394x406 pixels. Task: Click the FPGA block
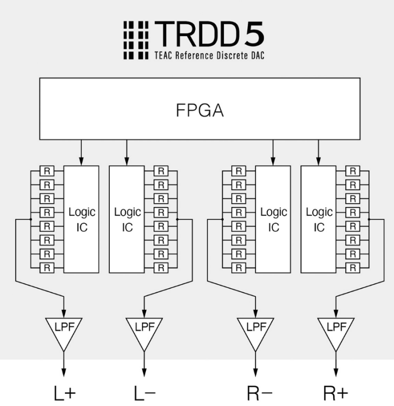coord(200,108)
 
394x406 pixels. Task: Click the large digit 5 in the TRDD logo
coord(251,35)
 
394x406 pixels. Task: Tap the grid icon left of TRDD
coord(136,40)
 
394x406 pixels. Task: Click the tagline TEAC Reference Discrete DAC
coord(209,55)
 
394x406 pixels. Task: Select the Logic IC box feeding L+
coord(81,219)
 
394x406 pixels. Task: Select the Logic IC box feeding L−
coord(127,219)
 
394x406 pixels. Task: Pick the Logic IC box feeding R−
coord(273,219)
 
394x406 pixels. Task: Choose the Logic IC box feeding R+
coord(318,219)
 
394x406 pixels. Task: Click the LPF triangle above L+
coord(63,331)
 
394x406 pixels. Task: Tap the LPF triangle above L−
coord(144,331)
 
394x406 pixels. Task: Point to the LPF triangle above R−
coord(255,331)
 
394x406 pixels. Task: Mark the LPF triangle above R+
coord(336,331)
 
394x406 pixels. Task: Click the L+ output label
coord(64,392)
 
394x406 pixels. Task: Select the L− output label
coord(144,392)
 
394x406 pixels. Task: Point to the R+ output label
coord(336,392)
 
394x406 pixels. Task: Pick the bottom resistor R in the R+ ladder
coord(353,267)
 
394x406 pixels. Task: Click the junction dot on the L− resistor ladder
coord(177,219)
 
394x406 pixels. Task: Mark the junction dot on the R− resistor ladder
coord(222,219)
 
